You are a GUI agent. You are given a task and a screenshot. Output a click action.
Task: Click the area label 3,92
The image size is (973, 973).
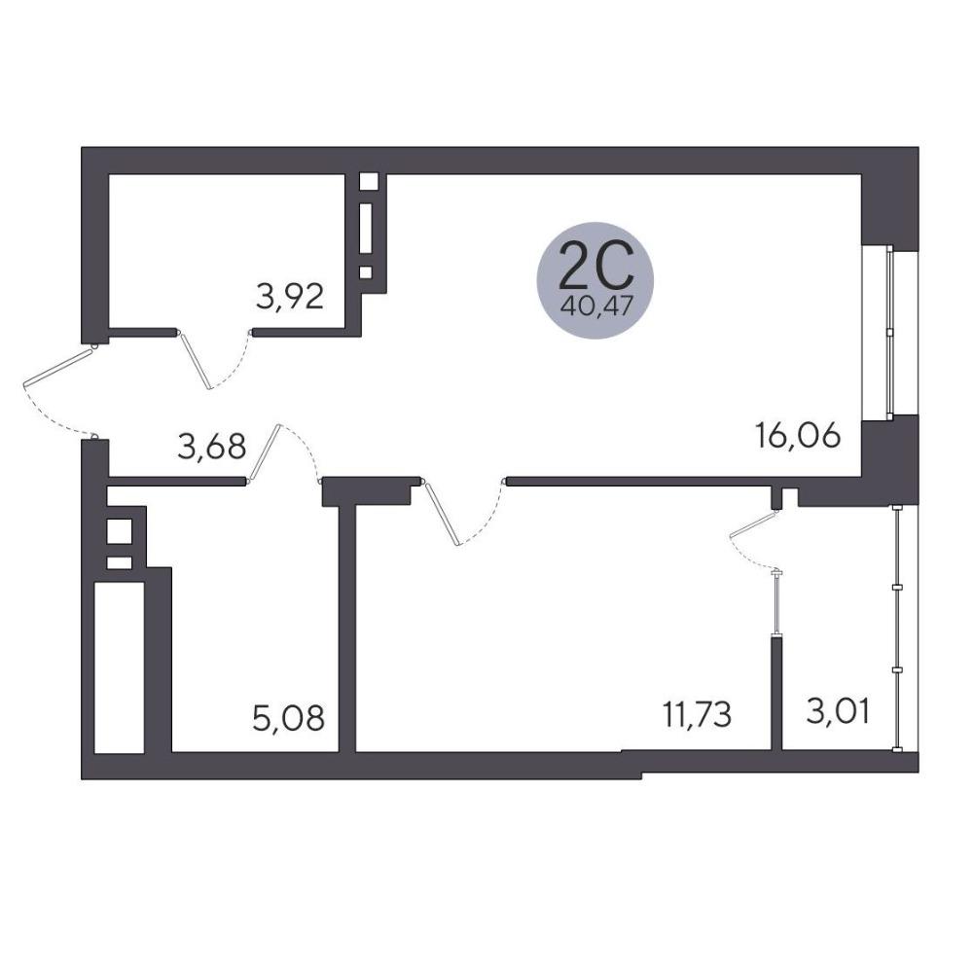(x=290, y=297)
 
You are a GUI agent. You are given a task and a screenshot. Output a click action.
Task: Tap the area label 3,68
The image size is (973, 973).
(x=211, y=447)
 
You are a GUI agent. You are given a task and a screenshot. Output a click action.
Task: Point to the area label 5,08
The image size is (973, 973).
(x=289, y=718)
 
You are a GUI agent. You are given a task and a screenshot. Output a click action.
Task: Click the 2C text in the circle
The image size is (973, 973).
(x=595, y=267)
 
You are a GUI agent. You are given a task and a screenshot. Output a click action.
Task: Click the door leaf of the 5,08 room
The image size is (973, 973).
(x=265, y=452)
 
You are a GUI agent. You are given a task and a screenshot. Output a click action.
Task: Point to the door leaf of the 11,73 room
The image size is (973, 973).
(x=442, y=514)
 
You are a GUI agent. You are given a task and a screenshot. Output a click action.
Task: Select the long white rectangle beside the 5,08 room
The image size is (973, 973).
(x=119, y=667)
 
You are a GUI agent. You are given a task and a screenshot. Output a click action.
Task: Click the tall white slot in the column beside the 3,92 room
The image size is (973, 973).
(x=366, y=228)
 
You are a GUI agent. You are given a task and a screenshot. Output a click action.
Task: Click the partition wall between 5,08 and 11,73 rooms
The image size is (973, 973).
(x=347, y=629)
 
